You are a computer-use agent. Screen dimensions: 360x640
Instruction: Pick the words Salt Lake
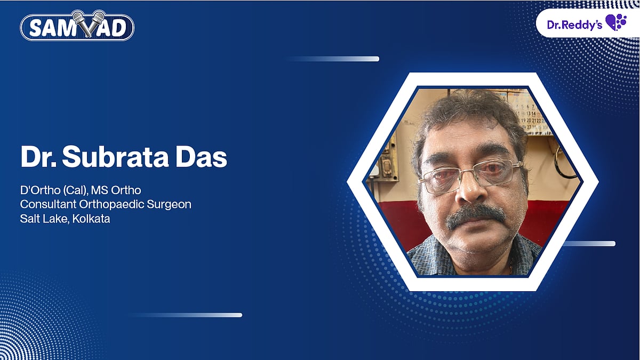pos(43,219)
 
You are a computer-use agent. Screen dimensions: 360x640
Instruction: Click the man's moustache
pos(476,214)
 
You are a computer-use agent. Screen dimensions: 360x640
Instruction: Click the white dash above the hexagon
pos(333,59)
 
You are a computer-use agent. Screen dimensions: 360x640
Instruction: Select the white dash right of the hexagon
pos(589,244)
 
